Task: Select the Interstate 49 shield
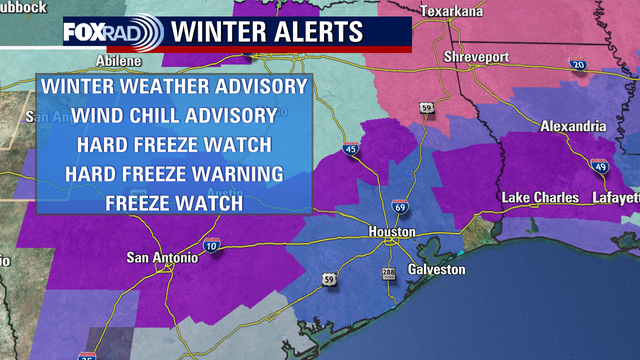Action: pyautogui.click(x=599, y=167)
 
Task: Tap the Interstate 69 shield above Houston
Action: pyautogui.click(x=400, y=206)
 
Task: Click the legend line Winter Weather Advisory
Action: pyautogui.click(x=174, y=87)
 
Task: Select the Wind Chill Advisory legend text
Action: pyautogui.click(x=174, y=115)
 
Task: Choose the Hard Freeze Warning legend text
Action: pyautogui.click(x=174, y=173)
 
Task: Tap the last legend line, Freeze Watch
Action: pyautogui.click(x=174, y=202)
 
